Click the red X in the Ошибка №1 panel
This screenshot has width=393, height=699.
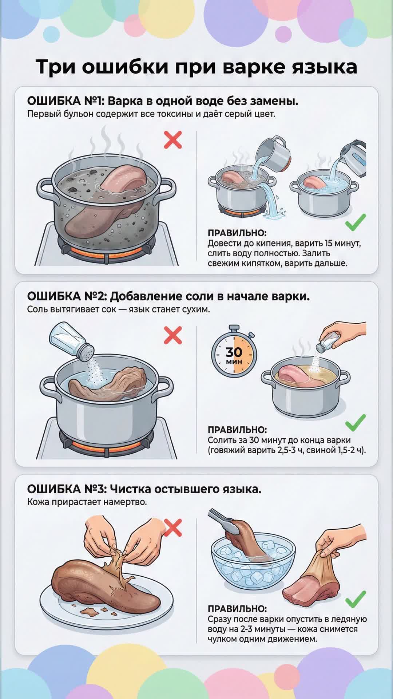click(173, 140)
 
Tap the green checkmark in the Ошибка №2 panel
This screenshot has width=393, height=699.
click(356, 422)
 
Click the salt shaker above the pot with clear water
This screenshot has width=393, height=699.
click(72, 342)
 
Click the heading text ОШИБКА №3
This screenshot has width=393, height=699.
click(66, 489)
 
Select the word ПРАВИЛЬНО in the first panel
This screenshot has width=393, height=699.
click(237, 233)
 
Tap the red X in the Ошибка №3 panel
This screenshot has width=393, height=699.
click(173, 528)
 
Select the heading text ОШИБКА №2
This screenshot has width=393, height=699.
click(67, 296)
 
